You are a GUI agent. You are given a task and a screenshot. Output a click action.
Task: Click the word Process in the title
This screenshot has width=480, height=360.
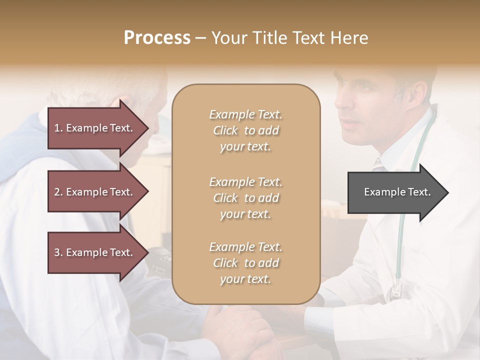[x=157, y=38]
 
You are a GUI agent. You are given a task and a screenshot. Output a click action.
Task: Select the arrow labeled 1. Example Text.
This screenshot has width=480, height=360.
[x=93, y=128]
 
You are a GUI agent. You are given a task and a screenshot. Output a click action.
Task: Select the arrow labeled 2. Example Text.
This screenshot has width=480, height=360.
[x=93, y=192]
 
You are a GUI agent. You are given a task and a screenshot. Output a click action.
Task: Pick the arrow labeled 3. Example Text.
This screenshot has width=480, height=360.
[x=93, y=252]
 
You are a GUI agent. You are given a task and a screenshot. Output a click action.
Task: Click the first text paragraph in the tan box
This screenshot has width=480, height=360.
[x=245, y=130]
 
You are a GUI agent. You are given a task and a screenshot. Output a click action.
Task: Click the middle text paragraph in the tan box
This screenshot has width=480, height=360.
[x=245, y=198]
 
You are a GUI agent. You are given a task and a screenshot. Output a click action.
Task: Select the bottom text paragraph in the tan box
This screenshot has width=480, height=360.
[x=245, y=263]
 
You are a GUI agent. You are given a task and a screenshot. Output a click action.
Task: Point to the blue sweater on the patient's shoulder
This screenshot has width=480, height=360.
[x=35, y=140]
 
